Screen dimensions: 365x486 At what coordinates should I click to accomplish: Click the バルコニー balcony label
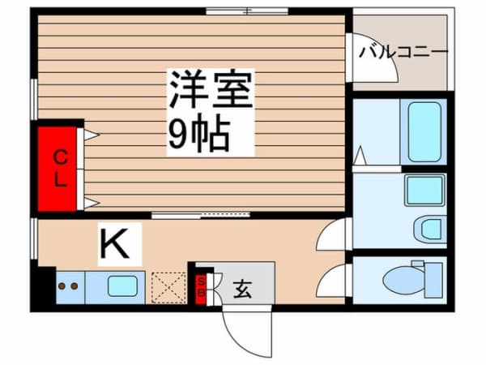pos(403,52)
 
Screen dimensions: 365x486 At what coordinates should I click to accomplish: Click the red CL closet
pos(59,167)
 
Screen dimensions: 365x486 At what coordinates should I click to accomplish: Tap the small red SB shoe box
pos(202,287)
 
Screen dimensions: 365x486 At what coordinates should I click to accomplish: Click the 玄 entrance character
pos(241,288)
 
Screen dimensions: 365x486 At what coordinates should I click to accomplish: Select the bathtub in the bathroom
pos(424,131)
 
